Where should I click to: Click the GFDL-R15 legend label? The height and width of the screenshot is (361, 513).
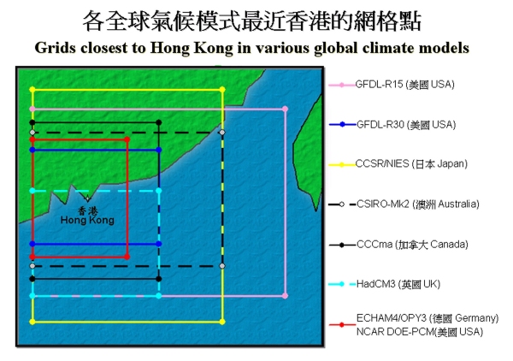(x=404, y=85)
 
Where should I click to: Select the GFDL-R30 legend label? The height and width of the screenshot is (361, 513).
(x=406, y=125)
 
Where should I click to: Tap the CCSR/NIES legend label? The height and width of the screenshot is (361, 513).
(x=411, y=163)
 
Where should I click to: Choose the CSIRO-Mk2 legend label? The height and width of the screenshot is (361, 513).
(x=418, y=204)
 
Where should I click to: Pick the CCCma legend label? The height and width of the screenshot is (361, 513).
(x=412, y=245)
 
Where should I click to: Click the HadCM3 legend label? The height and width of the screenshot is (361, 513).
(x=398, y=284)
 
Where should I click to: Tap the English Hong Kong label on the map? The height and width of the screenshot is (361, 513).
(x=87, y=220)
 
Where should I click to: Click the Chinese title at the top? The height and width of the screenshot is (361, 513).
(x=252, y=21)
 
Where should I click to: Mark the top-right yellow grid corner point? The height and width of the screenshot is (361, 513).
(x=222, y=89)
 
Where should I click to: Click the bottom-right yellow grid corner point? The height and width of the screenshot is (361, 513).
(x=222, y=322)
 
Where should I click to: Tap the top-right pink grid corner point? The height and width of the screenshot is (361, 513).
(x=285, y=109)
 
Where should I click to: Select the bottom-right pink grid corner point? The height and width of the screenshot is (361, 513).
(x=285, y=296)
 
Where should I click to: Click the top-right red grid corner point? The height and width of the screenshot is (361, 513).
(x=127, y=139)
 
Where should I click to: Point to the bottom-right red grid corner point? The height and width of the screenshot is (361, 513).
(x=127, y=257)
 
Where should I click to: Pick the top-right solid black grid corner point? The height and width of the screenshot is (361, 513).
(x=159, y=122)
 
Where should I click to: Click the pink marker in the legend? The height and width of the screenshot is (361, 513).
(x=341, y=85)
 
